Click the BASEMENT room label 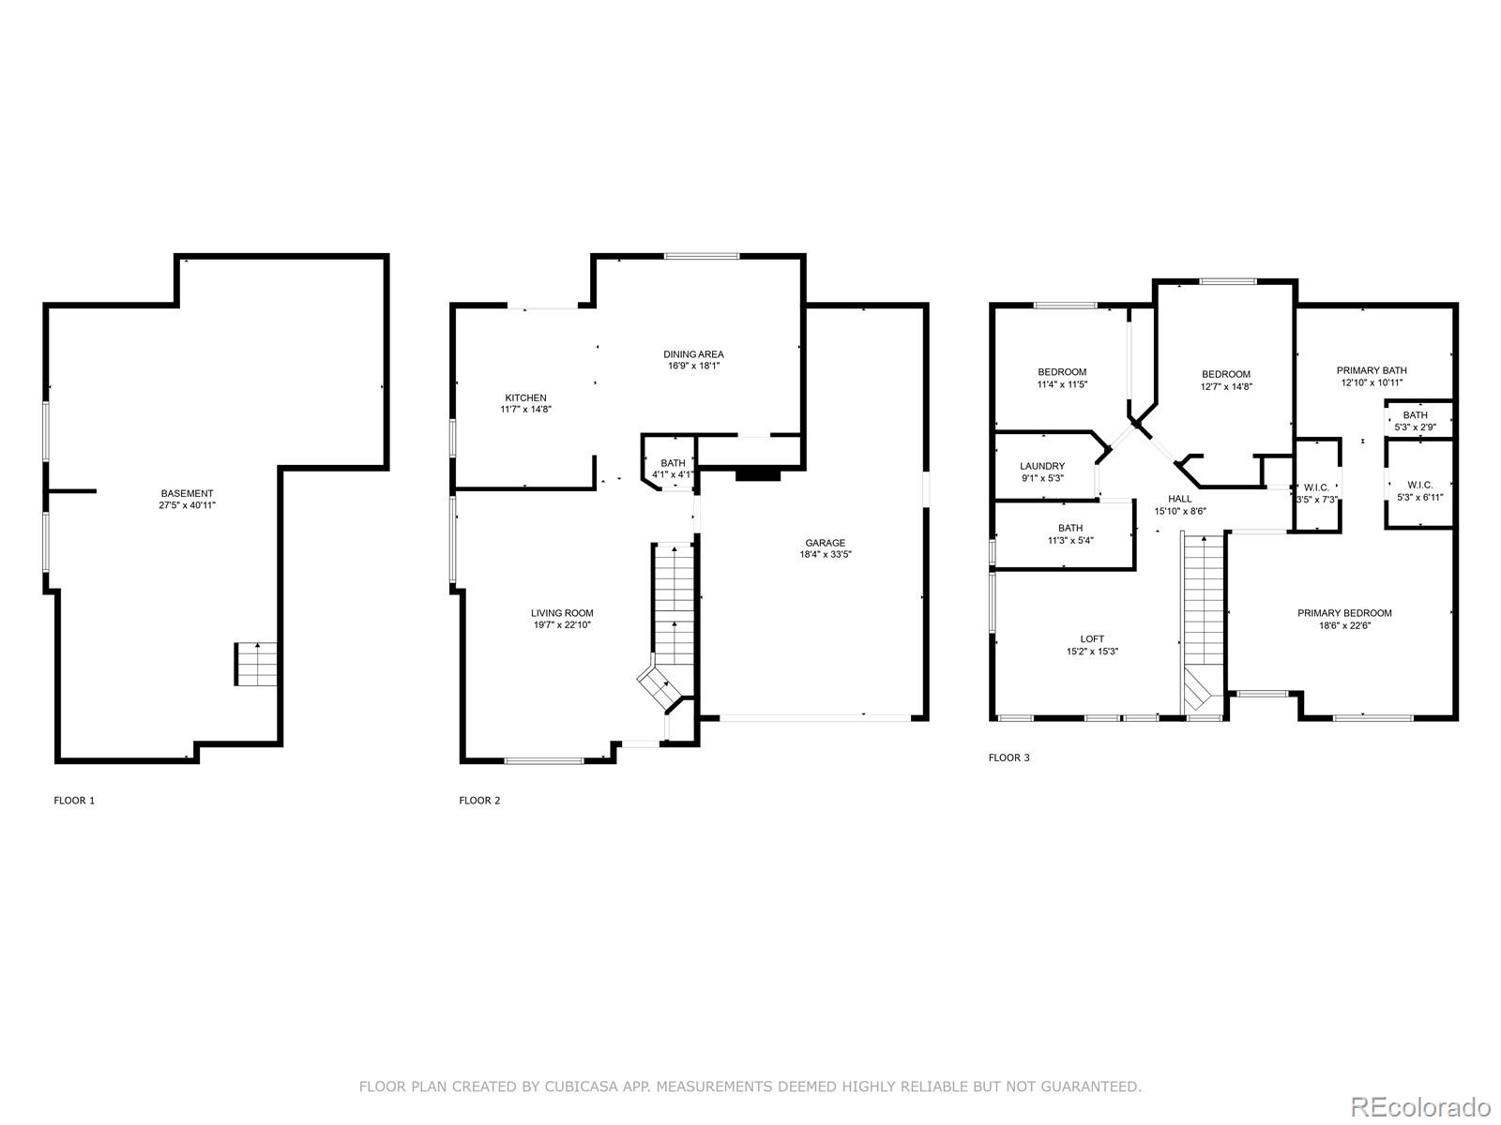pos(188,493)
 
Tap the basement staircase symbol pos(256,664)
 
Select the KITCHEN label pos(525,397)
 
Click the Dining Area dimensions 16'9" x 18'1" pos(693,366)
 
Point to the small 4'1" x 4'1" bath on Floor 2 pos(673,468)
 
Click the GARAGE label pos(825,543)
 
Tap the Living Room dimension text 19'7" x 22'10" pos(562,624)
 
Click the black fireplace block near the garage pos(758,474)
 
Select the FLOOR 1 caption pos(74,801)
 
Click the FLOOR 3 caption pos(1008,757)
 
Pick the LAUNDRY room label pos(1042,466)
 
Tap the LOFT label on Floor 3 pos(1092,639)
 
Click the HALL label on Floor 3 pos(1179,499)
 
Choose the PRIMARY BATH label pos(1372,370)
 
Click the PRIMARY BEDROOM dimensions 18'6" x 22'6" pos(1344,625)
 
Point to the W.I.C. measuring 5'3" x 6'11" pos(1419,490)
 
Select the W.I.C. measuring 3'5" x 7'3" pos(1316,493)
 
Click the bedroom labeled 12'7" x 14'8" pos(1226,380)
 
